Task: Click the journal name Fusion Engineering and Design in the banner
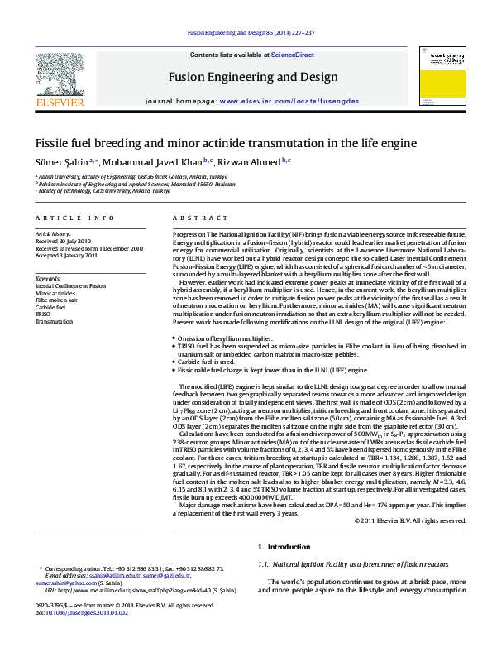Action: pyautogui.click(x=253, y=77)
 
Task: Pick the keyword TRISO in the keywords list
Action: pyautogui.click(x=43, y=314)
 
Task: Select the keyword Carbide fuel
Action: pyautogui.click(x=50, y=307)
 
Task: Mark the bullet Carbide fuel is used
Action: pyautogui.click(x=211, y=362)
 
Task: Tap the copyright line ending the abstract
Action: pyautogui.click(x=409, y=520)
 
